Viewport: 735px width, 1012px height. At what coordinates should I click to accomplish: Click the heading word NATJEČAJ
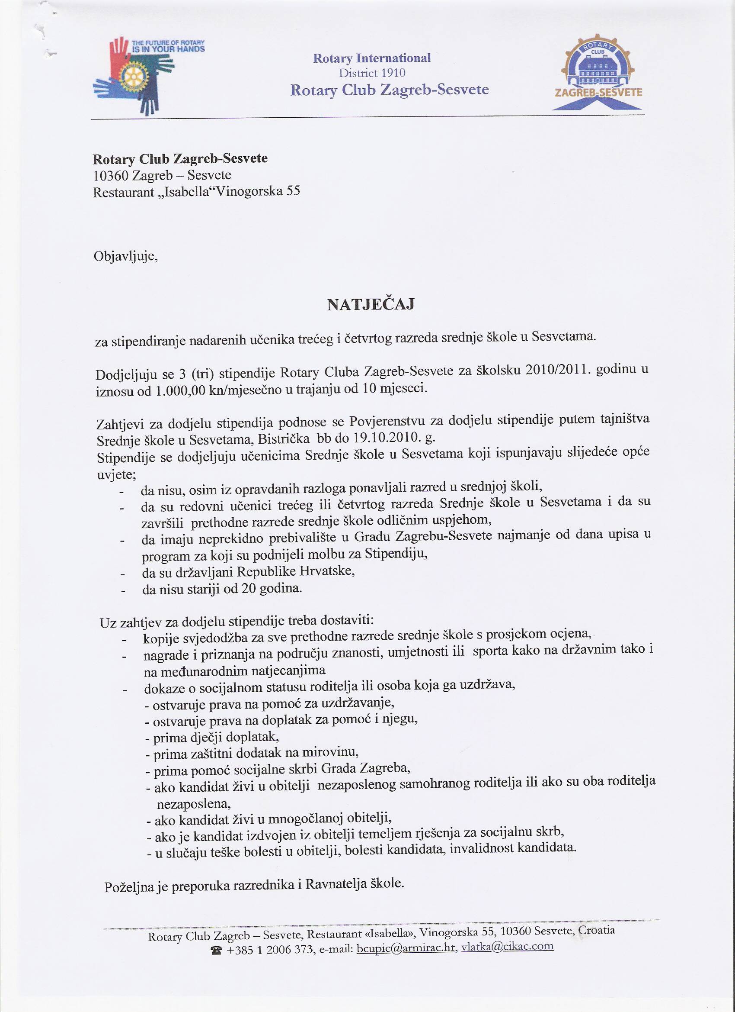pyautogui.click(x=371, y=305)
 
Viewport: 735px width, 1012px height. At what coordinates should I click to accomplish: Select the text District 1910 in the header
pyautogui.click(x=372, y=73)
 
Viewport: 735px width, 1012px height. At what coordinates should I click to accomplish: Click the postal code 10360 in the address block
pyautogui.click(x=110, y=175)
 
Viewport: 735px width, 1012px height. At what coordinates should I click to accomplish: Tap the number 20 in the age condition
pyautogui.click(x=249, y=589)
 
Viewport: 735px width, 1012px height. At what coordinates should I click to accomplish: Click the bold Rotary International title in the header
pyautogui.click(x=372, y=58)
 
